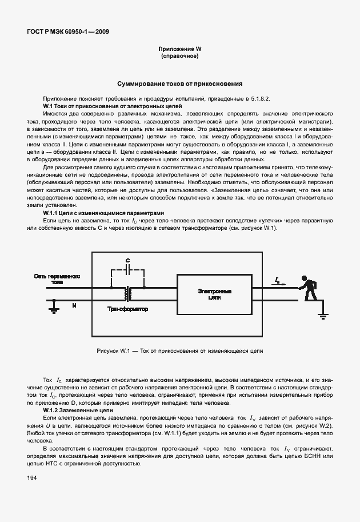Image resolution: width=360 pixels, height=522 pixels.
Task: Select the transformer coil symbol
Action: pos(128,293)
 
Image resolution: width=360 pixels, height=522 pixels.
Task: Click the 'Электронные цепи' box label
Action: pos(214,294)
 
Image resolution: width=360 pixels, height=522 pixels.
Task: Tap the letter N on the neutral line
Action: pos(73,306)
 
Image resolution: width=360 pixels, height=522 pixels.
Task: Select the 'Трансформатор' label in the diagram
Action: pos(127,309)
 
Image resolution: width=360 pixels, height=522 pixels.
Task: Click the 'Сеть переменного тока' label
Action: pos(55,279)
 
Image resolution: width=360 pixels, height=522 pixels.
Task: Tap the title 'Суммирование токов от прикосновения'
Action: pos(180,83)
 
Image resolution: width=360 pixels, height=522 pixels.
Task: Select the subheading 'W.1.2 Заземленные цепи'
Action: pos(78,411)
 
